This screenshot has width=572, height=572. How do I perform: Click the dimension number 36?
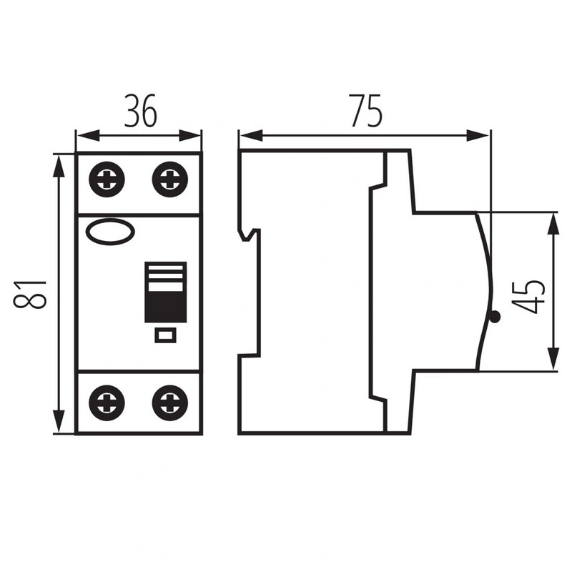pos(141,111)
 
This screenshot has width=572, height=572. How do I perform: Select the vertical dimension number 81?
pos(30,295)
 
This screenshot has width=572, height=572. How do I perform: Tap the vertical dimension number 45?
pos(528,297)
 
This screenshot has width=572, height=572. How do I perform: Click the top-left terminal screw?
pos(107,179)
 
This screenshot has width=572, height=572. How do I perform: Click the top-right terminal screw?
pos(170,179)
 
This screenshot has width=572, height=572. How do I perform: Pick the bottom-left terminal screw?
pos(107,403)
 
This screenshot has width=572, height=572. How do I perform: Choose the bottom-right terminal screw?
pos(170,403)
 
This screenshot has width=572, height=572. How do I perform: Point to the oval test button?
pos(110,232)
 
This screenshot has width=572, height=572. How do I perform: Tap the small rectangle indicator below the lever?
pos(166,335)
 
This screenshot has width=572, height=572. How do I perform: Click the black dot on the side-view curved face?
pos(495,317)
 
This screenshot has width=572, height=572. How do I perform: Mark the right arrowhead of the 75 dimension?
pos(478,136)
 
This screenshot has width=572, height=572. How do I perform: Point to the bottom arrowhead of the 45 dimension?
pos(553,358)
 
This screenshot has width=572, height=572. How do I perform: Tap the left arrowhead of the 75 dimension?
pos(252,136)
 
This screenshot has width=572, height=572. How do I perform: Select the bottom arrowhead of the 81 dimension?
pos(59,421)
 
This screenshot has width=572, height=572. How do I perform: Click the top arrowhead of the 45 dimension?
pos(553,225)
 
